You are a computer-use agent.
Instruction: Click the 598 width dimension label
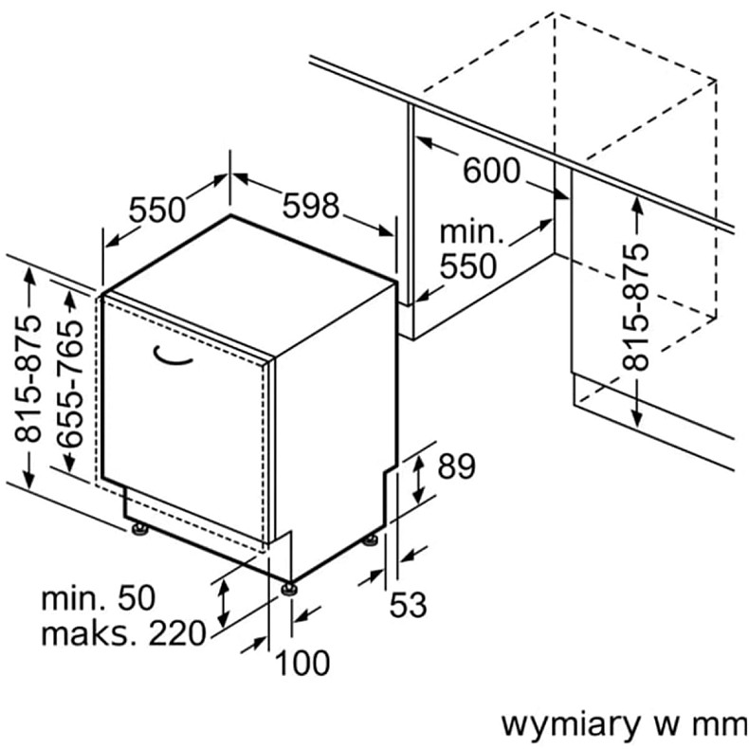click(311, 205)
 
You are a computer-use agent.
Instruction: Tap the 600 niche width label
click(492, 172)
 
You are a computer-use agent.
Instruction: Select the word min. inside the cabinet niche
click(470, 232)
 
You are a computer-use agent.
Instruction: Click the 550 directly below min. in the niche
click(468, 266)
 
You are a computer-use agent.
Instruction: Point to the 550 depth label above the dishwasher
click(157, 209)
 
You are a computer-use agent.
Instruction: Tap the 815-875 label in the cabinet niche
click(637, 306)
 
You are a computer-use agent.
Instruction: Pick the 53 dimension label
click(409, 604)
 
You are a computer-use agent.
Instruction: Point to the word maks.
click(84, 632)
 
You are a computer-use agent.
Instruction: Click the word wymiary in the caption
click(569, 724)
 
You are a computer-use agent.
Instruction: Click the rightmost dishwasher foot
click(370, 541)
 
